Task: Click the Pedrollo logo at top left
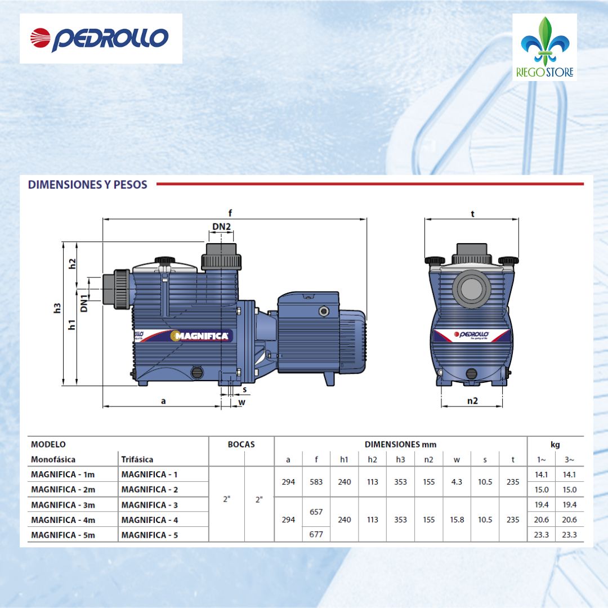(x=100, y=38)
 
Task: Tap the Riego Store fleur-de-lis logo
(x=544, y=47)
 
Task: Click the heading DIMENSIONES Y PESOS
(x=87, y=184)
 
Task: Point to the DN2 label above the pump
(x=222, y=227)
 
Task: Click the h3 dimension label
(x=57, y=308)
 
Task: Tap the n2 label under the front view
(x=472, y=400)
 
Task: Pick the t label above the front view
(x=472, y=213)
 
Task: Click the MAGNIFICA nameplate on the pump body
(x=201, y=336)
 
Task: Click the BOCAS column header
(x=241, y=444)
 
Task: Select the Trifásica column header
(x=137, y=459)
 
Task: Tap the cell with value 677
(x=316, y=534)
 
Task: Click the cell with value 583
(x=316, y=482)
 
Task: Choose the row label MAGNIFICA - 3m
(x=63, y=505)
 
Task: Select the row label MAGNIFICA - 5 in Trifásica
(x=149, y=535)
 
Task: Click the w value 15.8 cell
(x=457, y=520)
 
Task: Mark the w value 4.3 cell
(x=457, y=482)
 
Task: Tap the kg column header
(x=555, y=444)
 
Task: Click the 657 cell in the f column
(x=316, y=512)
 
